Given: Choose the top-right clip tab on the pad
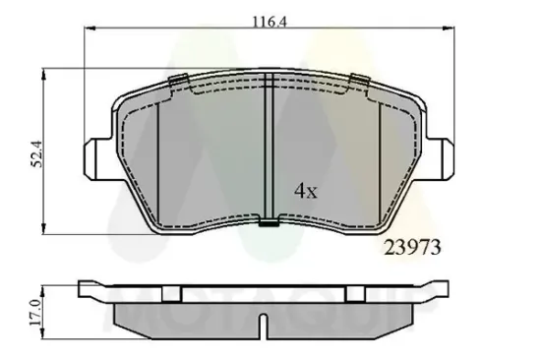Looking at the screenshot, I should (x=359, y=82).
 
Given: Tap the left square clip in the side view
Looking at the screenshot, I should (x=170, y=291).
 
